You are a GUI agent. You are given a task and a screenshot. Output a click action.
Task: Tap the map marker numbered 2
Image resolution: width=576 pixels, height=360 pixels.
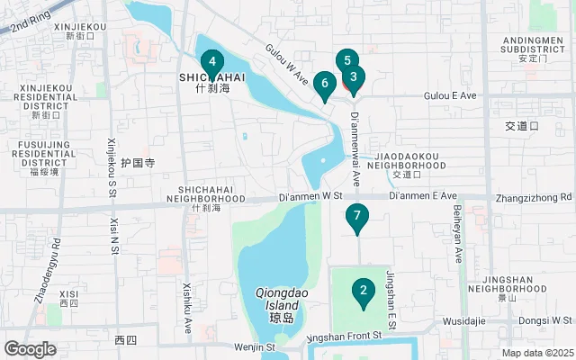pyautogui.click(x=363, y=291)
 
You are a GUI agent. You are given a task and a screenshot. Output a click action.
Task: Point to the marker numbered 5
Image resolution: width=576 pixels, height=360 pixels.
pyautogui.click(x=346, y=60)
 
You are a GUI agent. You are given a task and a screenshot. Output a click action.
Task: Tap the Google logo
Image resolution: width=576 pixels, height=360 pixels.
pyautogui.click(x=31, y=349)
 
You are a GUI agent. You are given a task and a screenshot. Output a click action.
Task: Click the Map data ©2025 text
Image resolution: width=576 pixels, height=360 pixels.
pyautogui.click(x=536, y=353)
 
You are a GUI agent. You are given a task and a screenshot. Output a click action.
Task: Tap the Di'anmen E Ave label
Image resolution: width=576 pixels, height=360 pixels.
pyautogui.click(x=423, y=195)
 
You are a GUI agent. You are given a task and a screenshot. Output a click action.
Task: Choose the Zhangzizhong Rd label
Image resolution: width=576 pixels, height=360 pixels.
pyautogui.click(x=534, y=197)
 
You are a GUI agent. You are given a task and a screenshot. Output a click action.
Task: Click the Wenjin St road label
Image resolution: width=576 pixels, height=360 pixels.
pyautogui.click(x=255, y=346)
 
